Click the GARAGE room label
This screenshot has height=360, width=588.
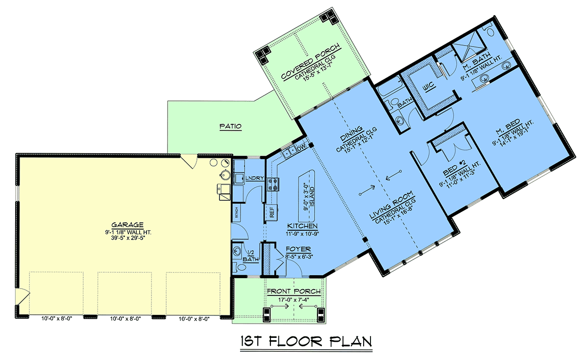(x=127, y=225)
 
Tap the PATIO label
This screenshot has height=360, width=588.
(x=230, y=126)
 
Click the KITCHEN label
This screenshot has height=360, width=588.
(x=302, y=226)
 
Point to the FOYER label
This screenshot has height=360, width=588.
(x=298, y=249)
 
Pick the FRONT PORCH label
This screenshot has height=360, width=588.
(x=294, y=291)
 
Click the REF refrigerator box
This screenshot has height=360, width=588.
(x=271, y=212)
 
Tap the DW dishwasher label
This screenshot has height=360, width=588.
(x=302, y=148)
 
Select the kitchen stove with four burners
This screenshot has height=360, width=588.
(x=273, y=185)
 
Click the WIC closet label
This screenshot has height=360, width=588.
(x=429, y=86)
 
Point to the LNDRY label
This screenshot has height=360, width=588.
(x=255, y=178)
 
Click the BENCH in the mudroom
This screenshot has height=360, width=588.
(x=237, y=212)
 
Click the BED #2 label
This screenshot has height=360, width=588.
(x=454, y=168)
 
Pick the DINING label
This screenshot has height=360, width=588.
(x=351, y=134)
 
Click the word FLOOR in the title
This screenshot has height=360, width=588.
(x=296, y=341)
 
